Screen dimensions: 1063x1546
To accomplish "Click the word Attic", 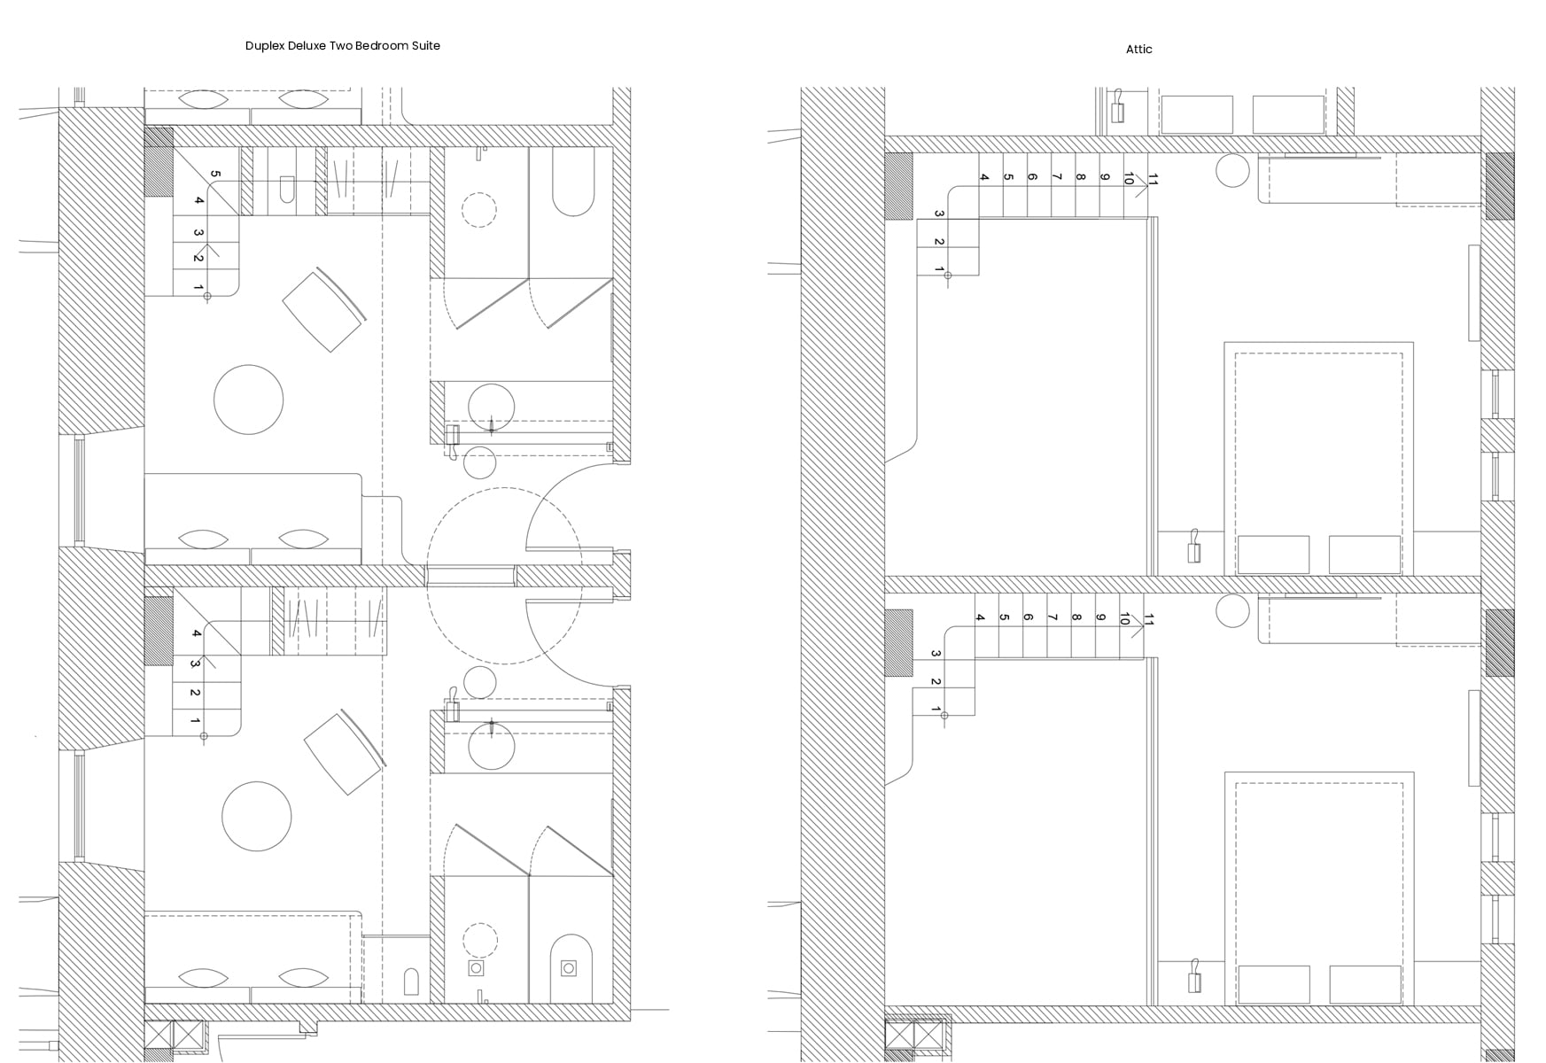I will click(x=1138, y=50).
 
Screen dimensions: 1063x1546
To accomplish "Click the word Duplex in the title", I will click(x=265, y=46).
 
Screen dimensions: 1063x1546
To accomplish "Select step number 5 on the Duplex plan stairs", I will click(x=215, y=175).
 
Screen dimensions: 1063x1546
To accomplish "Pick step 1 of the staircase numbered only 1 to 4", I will click(x=196, y=722).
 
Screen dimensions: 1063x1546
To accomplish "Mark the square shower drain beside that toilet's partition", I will click(x=477, y=968).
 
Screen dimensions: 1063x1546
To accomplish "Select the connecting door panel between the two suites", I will click(x=470, y=577).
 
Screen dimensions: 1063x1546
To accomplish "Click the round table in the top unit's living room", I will click(x=249, y=400).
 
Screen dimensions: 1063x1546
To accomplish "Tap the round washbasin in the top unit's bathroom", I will click(x=491, y=407).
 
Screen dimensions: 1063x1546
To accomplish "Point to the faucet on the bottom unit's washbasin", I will click(x=491, y=729).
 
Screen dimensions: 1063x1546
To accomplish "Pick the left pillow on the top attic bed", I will click(x=1273, y=555).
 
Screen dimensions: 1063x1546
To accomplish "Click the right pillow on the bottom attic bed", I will click(x=1364, y=984).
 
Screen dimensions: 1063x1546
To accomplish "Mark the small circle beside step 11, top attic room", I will click(x=1232, y=169).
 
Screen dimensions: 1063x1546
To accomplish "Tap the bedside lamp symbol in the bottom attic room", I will click(x=1194, y=979).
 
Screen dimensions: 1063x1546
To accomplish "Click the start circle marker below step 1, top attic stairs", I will click(x=948, y=275).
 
